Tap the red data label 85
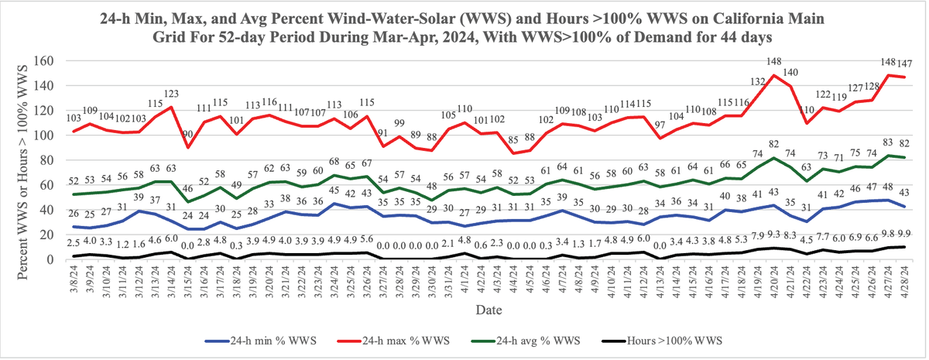pos(513,140)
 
